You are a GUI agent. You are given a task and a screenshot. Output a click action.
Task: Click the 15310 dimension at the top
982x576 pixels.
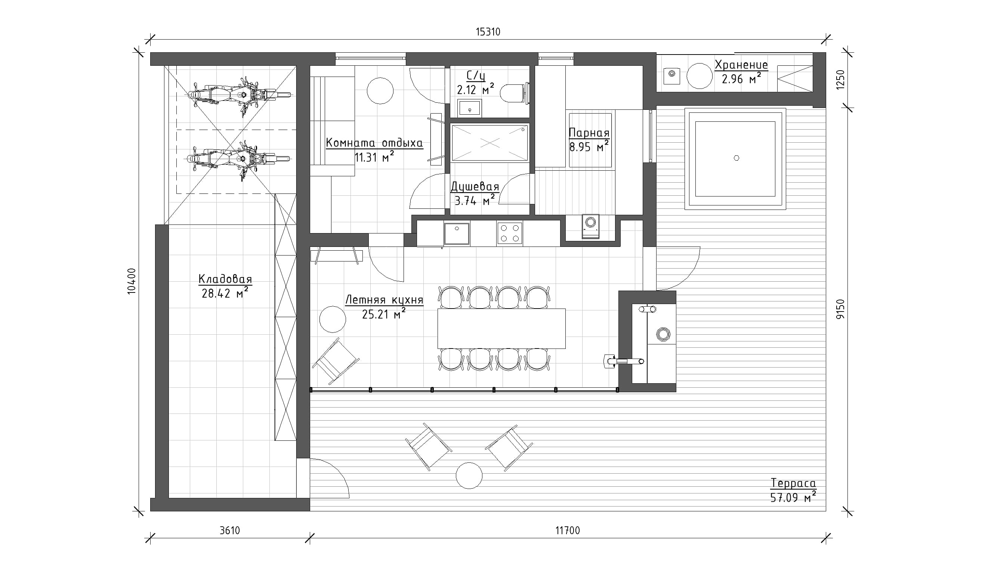pyautogui.click(x=488, y=32)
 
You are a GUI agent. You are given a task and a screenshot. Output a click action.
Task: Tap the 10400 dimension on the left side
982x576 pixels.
pyautogui.click(x=132, y=281)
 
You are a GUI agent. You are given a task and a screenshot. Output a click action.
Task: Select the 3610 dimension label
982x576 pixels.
pyautogui.click(x=229, y=530)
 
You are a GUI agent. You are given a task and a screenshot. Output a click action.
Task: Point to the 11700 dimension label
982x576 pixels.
pyautogui.click(x=567, y=530)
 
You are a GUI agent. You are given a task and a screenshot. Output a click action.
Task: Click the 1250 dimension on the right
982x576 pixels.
pyautogui.click(x=840, y=80)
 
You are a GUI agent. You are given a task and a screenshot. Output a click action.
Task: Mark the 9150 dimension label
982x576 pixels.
pyautogui.click(x=841, y=309)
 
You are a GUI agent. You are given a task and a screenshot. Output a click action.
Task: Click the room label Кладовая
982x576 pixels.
pyautogui.click(x=225, y=279)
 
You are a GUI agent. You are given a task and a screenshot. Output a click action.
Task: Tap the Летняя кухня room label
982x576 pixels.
pyautogui.click(x=384, y=300)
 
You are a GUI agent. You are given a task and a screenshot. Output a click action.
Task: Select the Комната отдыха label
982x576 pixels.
pyautogui.click(x=374, y=143)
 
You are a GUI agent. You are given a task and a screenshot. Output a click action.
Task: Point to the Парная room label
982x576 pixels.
pyautogui.click(x=589, y=133)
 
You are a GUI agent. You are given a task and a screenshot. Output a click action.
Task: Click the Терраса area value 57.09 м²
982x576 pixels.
pyautogui.click(x=793, y=497)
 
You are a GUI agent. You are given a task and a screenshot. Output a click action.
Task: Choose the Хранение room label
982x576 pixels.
pyautogui.click(x=741, y=65)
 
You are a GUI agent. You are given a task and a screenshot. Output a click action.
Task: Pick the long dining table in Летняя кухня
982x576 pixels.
pyautogui.click(x=501, y=328)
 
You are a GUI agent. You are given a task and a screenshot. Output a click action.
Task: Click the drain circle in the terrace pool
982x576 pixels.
pyautogui.click(x=736, y=158)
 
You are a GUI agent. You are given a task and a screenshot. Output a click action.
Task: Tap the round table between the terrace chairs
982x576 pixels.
pyautogui.click(x=469, y=476)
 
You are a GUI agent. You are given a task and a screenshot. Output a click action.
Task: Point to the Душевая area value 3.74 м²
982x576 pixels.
pyautogui.click(x=475, y=201)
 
